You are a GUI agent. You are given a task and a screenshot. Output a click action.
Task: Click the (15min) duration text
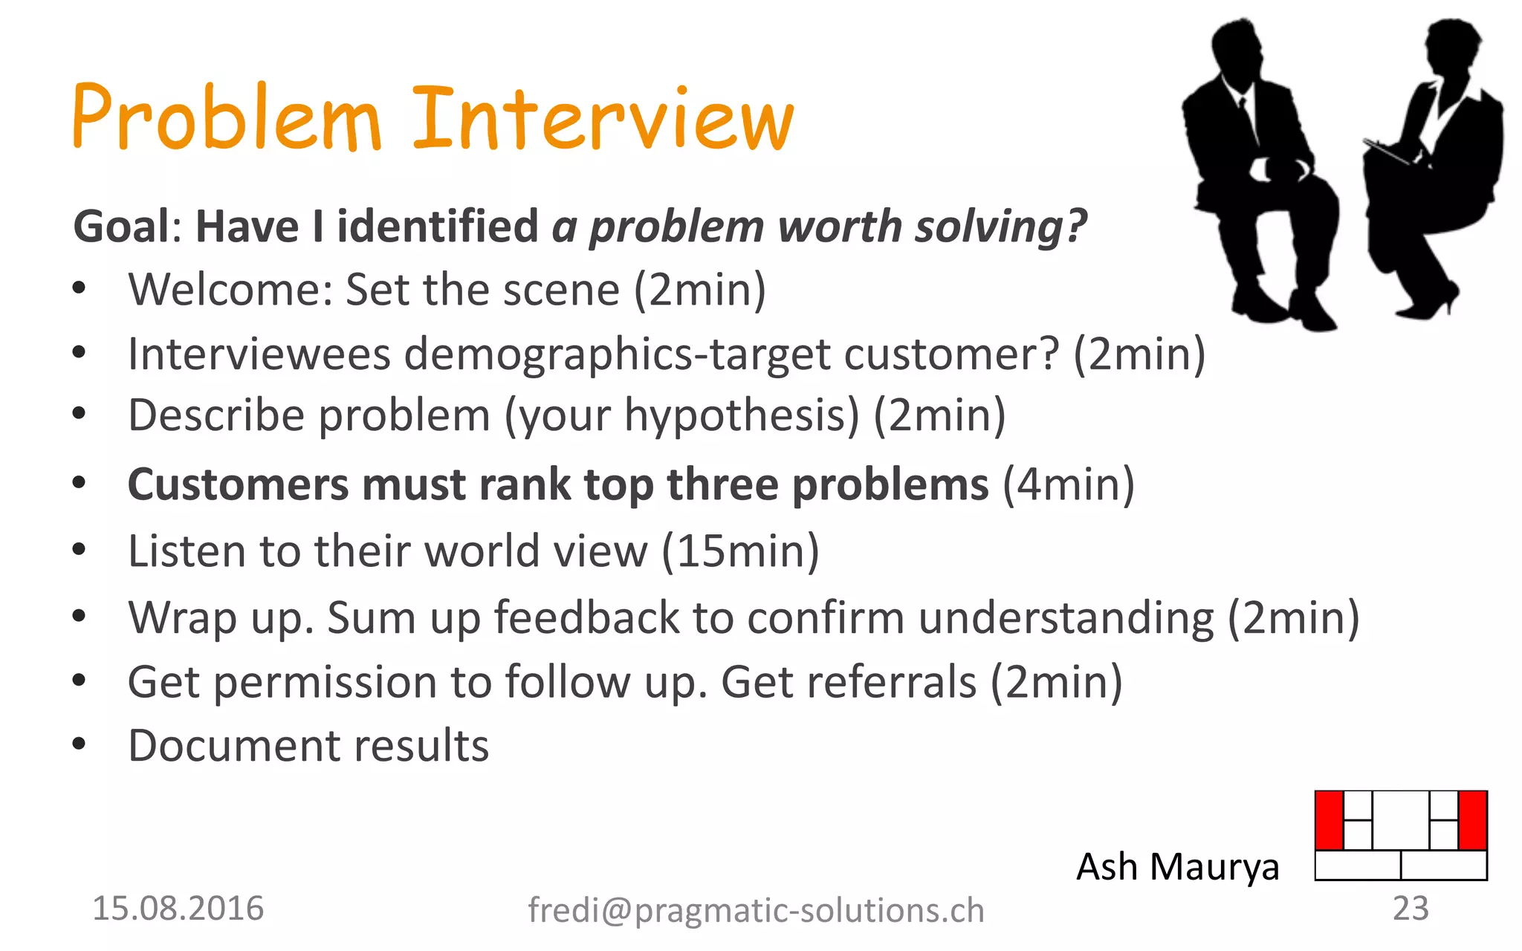pos(741,551)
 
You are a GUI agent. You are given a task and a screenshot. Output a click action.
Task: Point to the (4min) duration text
pos(1068,484)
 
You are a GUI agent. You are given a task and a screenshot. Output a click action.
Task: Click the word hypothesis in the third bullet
pos(741,415)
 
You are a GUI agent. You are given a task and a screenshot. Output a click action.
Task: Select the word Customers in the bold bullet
pos(238,484)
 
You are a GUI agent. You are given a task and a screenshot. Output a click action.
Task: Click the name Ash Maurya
pos(1177,867)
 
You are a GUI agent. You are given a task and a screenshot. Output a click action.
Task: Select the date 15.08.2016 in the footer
pos(178,909)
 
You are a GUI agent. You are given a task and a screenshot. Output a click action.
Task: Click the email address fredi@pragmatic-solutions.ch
pos(756,910)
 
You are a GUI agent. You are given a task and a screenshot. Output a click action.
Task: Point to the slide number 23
pos(1410,909)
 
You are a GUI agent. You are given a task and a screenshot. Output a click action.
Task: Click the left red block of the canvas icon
pos(1329,820)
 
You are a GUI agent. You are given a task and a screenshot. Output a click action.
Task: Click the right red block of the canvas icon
pos(1472,820)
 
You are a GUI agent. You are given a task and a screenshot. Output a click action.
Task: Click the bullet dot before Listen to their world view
pos(80,550)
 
